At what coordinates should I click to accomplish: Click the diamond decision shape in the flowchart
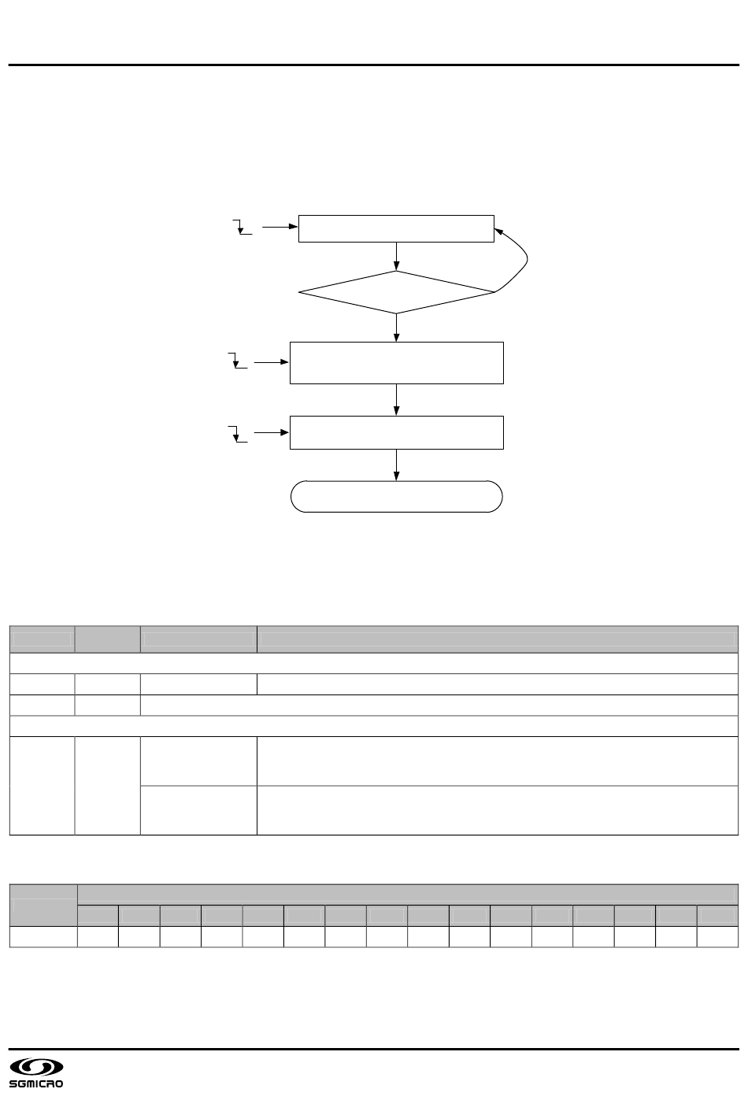click(396, 293)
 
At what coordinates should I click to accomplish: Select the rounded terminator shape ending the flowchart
click(396, 497)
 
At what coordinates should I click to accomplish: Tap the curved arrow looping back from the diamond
click(524, 260)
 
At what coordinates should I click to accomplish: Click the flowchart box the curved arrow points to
click(396, 228)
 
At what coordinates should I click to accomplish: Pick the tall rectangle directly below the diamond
click(396, 363)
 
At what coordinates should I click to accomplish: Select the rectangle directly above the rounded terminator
click(396, 432)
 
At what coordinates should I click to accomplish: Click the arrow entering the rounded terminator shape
click(396, 465)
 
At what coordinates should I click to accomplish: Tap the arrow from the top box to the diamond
click(396, 257)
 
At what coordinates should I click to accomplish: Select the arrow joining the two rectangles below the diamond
click(396, 399)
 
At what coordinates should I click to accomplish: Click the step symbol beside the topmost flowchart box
click(243, 228)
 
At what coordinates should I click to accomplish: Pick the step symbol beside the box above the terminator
click(237, 433)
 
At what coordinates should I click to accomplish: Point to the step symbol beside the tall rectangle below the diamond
click(237, 361)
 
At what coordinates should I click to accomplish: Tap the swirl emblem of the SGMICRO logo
click(35, 1068)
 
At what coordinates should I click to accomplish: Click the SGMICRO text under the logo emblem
click(36, 1085)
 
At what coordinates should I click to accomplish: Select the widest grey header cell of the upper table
click(497, 639)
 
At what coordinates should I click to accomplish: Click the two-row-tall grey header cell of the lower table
click(43, 903)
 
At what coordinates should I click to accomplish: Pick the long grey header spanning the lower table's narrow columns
click(407, 894)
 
